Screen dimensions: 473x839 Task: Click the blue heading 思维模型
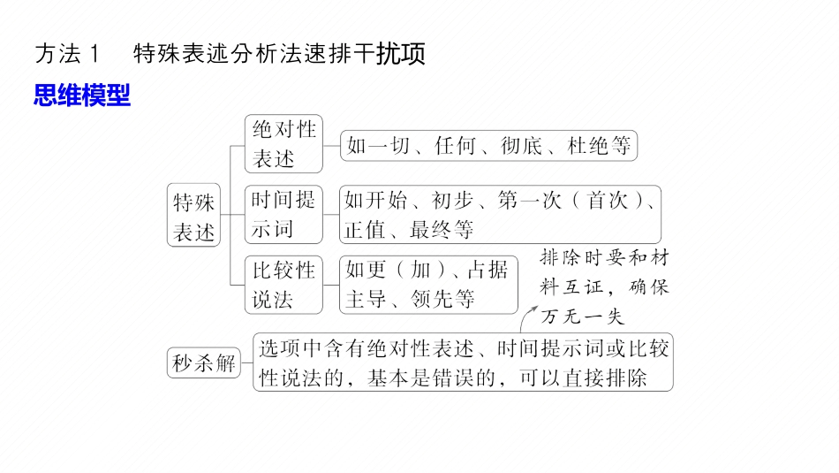tap(82, 95)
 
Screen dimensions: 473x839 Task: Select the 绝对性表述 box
tap(283, 144)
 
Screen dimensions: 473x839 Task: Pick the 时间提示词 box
tap(283, 215)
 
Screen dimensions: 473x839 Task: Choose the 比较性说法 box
tap(283, 284)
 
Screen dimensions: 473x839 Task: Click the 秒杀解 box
tap(204, 362)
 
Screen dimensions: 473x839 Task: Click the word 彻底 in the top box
tap(521, 147)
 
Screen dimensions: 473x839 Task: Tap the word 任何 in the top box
tap(456, 147)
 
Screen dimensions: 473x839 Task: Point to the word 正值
tap(365, 230)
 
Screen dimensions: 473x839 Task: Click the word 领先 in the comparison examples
tap(432, 299)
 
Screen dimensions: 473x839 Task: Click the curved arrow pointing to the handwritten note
tap(530, 317)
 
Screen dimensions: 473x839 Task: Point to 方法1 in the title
tap(70, 54)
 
